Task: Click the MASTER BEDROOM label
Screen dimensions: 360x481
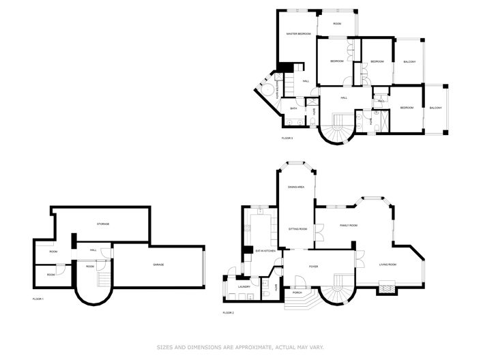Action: click(x=299, y=33)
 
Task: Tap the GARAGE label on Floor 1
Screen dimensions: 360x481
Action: click(x=158, y=265)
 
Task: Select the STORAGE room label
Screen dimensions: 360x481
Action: click(x=103, y=224)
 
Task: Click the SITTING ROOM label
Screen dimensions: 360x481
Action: click(x=297, y=229)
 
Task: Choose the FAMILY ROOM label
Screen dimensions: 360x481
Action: click(x=349, y=225)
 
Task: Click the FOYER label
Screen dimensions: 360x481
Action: click(x=313, y=267)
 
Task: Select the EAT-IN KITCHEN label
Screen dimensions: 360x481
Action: click(x=265, y=252)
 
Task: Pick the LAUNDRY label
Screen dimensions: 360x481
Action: click(x=244, y=286)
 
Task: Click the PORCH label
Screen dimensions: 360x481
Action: click(x=297, y=292)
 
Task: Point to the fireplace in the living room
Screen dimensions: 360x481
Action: click(x=387, y=289)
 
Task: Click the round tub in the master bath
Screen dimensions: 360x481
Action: click(x=269, y=91)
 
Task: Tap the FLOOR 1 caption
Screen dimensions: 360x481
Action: click(x=38, y=299)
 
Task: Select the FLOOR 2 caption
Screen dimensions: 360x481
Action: click(x=228, y=312)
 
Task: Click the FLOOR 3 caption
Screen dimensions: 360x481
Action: click(x=287, y=138)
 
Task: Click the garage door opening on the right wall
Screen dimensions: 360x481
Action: click(x=203, y=267)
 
